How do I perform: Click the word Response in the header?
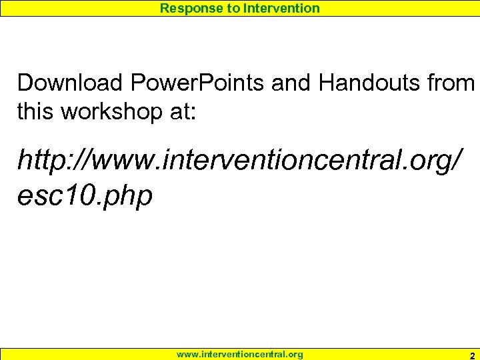coord(187,8)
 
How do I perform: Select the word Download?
coord(71,83)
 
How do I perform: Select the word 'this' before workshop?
coord(36,111)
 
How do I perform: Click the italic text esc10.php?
coord(85,195)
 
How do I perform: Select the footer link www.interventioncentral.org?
coord(239,355)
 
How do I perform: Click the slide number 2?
coord(472,355)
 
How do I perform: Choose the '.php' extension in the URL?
coord(130,197)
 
